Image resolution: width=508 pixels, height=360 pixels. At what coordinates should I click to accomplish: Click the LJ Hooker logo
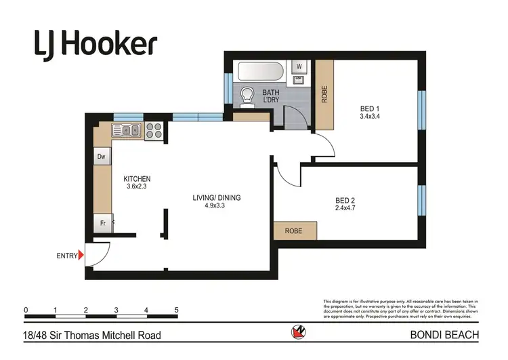(96, 44)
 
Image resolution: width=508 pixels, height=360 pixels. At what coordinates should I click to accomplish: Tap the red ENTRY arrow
(82, 256)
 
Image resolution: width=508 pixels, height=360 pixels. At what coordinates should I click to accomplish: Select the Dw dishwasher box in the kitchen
(102, 157)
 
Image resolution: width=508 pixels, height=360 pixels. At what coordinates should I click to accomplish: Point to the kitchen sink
(126, 130)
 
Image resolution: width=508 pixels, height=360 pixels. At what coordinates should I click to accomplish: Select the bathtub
(260, 71)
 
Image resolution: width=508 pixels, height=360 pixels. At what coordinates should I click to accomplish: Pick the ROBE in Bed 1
(324, 95)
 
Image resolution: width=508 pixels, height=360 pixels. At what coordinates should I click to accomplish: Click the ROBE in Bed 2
(295, 231)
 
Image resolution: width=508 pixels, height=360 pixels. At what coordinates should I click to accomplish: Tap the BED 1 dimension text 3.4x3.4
(370, 116)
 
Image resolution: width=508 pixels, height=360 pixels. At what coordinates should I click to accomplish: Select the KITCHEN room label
(137, 179)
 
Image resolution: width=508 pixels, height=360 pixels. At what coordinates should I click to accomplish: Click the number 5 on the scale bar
(176, 311)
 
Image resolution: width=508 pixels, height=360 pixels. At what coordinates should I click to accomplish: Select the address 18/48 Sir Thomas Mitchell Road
(93, 335)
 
